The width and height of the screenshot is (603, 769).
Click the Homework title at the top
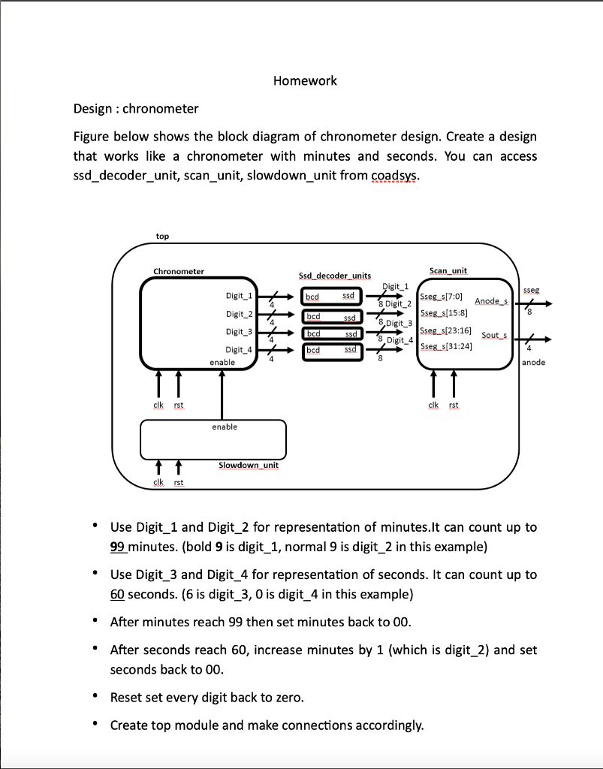[305, 80]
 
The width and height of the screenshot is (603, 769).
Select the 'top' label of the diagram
[162, 237]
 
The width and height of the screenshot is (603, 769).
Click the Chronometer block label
[173, 271]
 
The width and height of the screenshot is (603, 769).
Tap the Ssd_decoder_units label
[334, 276]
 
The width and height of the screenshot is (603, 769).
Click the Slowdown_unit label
[248, 465]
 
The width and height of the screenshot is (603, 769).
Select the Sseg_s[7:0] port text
[442, 297]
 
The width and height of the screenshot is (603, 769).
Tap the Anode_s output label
[491, 301]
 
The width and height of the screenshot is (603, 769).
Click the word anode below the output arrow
[533, 363]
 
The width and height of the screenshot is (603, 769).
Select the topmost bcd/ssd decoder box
[332, 297]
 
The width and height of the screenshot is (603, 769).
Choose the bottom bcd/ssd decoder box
[332, 350]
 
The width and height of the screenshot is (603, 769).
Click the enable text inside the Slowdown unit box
[225, 427]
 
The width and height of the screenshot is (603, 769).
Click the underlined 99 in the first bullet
[119, 547]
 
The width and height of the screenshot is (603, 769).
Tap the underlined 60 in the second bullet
[119, 594]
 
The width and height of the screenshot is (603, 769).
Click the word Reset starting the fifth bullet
[126, 698]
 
